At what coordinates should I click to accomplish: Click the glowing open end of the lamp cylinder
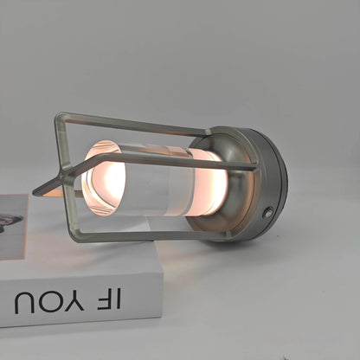[104, 177]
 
